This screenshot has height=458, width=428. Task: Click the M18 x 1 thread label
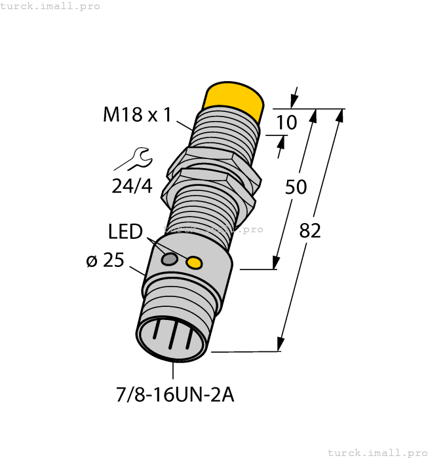pos(137,115)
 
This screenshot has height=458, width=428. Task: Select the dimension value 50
pos(296,187)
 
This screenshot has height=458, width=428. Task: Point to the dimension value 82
pos(309,230)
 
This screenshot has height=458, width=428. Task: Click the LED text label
pos(125,232)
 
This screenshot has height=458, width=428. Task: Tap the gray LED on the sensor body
pos(169,259)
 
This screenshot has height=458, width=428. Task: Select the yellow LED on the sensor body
pos(194,263)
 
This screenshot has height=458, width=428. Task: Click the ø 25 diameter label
pos(105,260)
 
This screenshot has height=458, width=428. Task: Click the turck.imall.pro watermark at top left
pos(50,6)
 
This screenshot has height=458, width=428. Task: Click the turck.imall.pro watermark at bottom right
pos(377,452)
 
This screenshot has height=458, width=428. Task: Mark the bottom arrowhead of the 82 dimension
pos(281,344)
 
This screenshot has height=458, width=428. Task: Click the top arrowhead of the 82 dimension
pos(340,116)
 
